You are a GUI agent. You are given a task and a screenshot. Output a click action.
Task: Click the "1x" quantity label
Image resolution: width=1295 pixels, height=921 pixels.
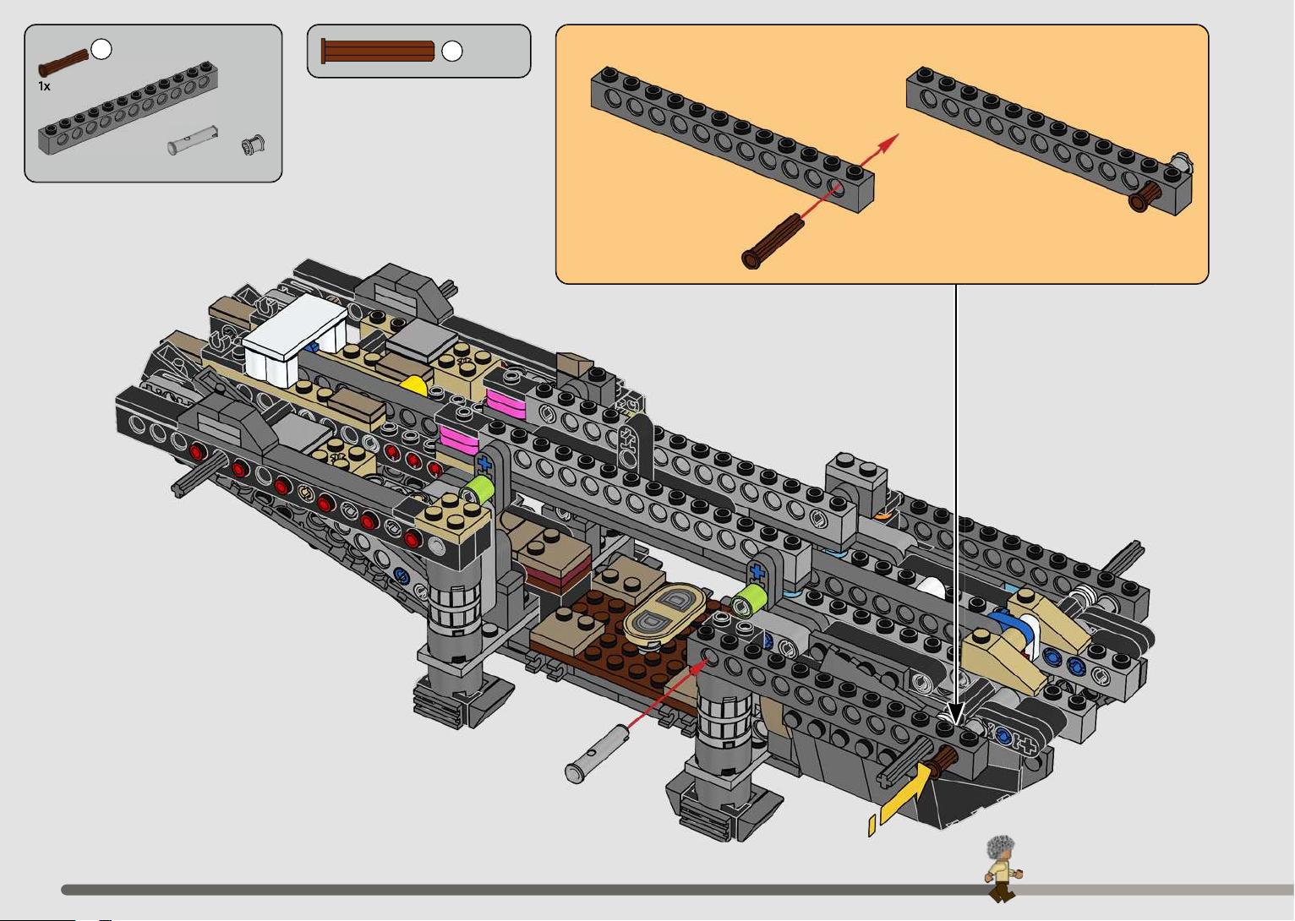[x=44, y=87]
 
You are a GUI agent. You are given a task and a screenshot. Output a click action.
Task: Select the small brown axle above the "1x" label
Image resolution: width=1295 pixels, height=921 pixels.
[x=63, y=63]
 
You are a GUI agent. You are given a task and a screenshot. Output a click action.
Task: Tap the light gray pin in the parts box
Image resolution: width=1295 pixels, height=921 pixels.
[x=193, y=140]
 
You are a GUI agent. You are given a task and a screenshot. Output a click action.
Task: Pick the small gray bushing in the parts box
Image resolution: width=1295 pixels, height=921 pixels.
[x=253, y=145]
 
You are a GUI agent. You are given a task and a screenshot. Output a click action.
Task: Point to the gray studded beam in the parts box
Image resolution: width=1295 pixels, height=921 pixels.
[x=128, y=107]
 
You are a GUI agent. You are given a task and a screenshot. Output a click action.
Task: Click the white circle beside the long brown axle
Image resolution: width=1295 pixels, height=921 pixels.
[x=452, y=51]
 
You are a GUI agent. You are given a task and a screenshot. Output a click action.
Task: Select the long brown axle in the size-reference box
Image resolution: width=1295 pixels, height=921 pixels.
[x=378, y=51]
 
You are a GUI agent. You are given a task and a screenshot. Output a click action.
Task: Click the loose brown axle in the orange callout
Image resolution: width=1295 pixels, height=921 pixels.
[x=773, y=241]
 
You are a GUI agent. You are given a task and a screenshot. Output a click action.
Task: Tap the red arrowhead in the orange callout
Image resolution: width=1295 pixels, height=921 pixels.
[x=890, y=143]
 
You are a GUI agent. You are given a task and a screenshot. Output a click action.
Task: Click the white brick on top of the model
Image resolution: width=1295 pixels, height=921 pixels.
[x=295, y=339]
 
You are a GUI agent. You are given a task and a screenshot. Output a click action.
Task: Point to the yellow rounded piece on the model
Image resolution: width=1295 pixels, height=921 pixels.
[x=414, y=386]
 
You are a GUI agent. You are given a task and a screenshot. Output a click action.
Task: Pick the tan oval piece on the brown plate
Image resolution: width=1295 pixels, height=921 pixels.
[x=665, y=614]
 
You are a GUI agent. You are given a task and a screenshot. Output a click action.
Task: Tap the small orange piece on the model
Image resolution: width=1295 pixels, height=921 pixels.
[x=882, y=515]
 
